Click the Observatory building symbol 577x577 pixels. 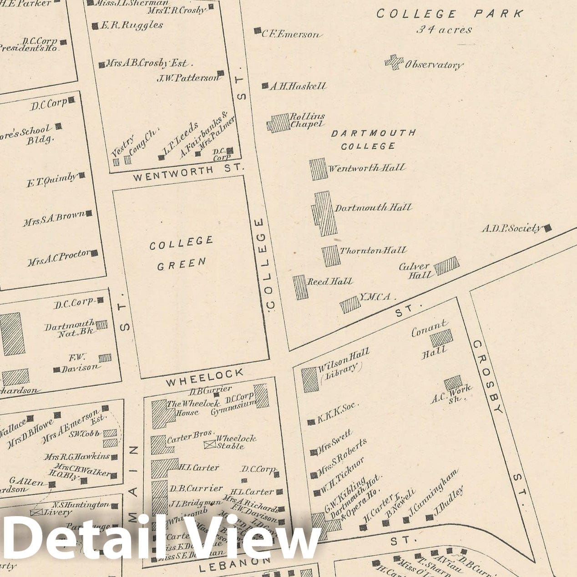394,62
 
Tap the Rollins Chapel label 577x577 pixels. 307,120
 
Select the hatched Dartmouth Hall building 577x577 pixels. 325,213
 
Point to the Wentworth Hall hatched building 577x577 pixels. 318,169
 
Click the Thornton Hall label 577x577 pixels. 373,251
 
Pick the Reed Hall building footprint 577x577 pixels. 300,287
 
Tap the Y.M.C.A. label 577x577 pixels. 375,297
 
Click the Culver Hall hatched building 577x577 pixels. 446,266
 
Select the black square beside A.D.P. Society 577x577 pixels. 548,228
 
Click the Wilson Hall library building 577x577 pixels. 310,380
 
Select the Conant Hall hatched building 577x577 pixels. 441,338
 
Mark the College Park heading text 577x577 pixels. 450,14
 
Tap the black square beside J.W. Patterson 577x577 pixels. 221,73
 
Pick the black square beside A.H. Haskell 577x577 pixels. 265,86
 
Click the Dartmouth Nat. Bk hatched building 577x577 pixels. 102,324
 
